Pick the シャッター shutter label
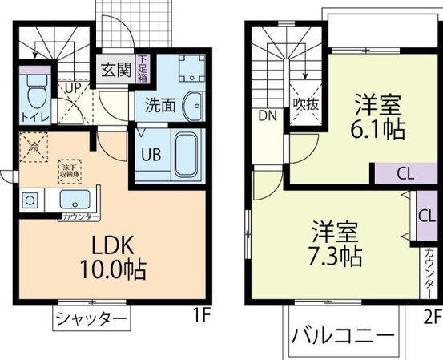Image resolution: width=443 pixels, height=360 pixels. click(92, 319)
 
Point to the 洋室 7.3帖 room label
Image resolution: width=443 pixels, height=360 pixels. click(336, 243)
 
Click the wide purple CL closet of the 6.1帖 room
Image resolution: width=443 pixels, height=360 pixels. click(405, 173)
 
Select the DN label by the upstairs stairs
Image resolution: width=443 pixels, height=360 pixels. click(267, 115)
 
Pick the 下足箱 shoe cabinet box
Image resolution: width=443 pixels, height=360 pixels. click(142, 63)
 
